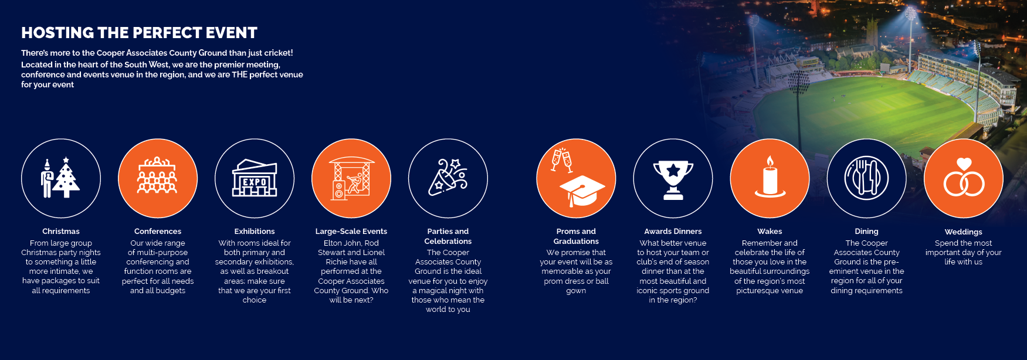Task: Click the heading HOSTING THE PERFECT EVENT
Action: [139, 33]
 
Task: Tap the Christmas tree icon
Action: [66, 178]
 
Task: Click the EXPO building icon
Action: [255, 178]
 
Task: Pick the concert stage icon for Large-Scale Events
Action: [351, 178]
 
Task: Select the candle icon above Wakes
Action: [770, 176]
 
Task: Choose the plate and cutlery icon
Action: [866, 178]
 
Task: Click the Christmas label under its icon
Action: [61, 232]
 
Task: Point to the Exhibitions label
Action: [255, 232]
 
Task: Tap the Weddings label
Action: [964, 232]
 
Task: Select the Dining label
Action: [866, 232]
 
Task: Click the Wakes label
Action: [770, 232]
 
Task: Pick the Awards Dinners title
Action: [673, 232]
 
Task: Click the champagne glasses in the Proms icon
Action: [562, 160]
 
